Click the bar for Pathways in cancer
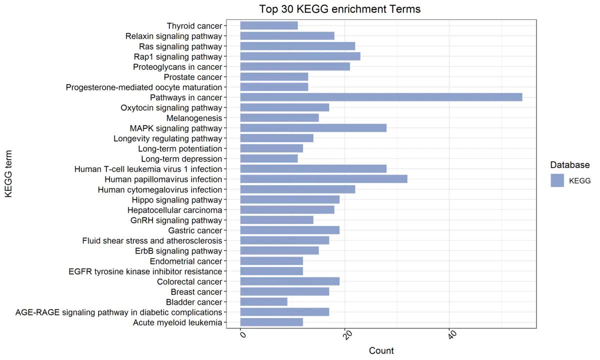(x=381, y=97)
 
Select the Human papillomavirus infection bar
(x=323, y=179)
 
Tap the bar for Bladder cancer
(x=263, y=302)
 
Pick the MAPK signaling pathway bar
(x=313, y=128)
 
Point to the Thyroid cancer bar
(x=269, y=25)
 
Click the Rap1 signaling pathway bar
(x=300, y=56)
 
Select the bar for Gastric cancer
(x=289, y=230)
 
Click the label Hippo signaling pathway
(x=176, y=200)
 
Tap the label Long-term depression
(x=181, y=159)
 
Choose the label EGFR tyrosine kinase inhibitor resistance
(x=145, y=271)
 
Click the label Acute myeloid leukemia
(x=177, y=322)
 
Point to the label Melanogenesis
(x=194, y=118)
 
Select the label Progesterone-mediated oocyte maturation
(x=144, y=87)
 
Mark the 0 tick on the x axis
(x=242, y=334)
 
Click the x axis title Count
(x=381, y=350)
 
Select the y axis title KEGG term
(x=8, y=174)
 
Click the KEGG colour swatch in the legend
(x=557, y=180)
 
